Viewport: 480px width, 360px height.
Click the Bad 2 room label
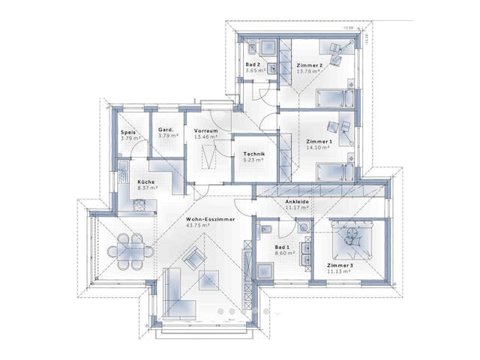(253, 65)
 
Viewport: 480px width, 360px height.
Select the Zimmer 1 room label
(318, 142)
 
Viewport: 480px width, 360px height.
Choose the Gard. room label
(166, 130)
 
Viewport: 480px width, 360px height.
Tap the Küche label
(145, 182)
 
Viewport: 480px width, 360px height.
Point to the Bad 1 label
(283, 247)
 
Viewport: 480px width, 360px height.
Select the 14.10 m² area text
(319, 148)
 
